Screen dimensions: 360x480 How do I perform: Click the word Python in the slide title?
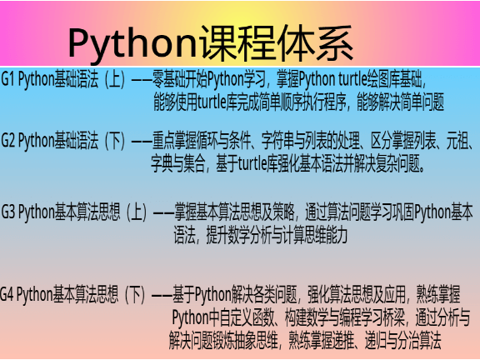click(131, 40)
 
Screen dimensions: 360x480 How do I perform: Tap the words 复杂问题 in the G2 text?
click(402, 162)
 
